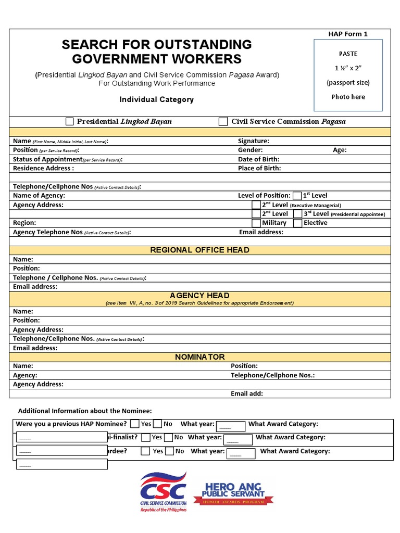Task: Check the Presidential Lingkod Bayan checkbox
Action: pyautogui.click(x=70, y=122)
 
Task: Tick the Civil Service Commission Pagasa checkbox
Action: pyautogui.click(x=223, y=122)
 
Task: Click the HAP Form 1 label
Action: pyautogui.click(x=348, y=34)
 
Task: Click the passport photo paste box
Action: pyautogui.click(x=348, y=75)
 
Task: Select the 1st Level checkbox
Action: pyautogui.click(x=297, y=196)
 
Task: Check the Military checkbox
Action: pyautogui.click(x=256, y=223)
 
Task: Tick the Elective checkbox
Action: pyautogui.click(x=298, y=223)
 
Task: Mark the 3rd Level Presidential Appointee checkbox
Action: pyautogui.click(x=298, y=214)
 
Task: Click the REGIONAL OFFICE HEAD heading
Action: pyautogui.click(x=199, y=250)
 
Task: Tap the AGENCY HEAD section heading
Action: pyautogui.click(x=199, y=296)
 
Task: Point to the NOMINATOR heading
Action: pyautogui.click(x=199, y=357)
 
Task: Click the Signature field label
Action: pyautogui.click(x=253, y=141)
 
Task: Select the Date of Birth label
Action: pyautogui.click(x=258, y=159)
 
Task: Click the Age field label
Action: pyautogui.click(x=340, y=150)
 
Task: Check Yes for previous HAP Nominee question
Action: pyautogui.click(x=135, y=424)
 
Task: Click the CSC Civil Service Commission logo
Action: pyautogui.click(x=162, y=491)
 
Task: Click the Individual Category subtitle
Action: pyautogui.click(x=156, y=99)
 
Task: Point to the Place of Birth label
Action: pyautogui.click(x=259, y=168)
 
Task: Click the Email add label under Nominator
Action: pyautogui.click(x=247, y=394)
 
